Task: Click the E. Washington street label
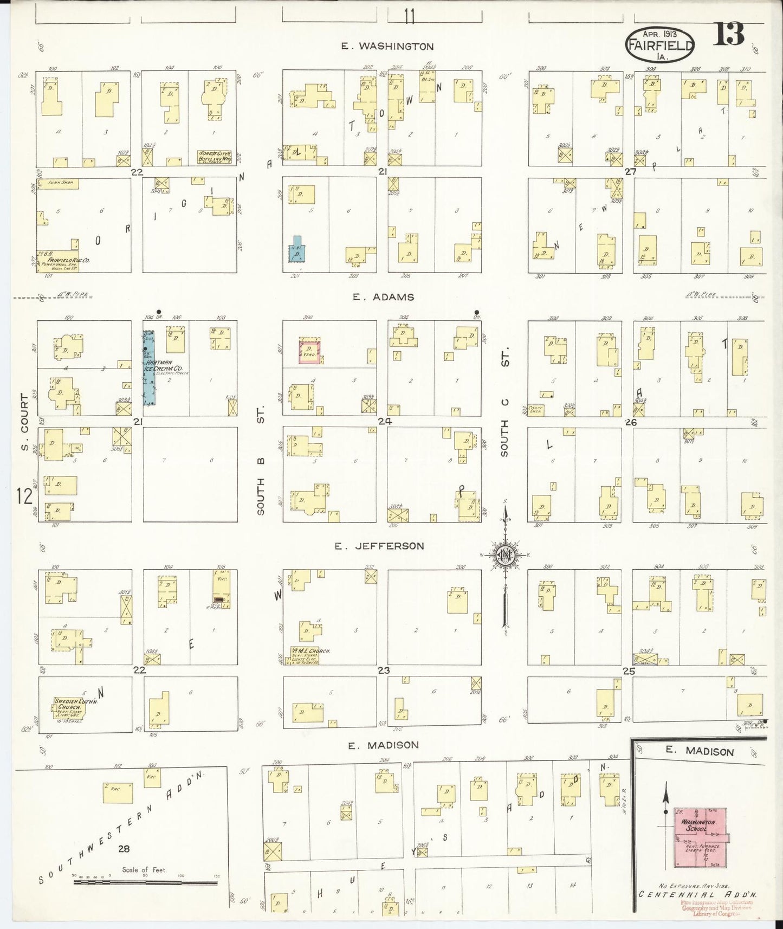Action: (x=387, y=47)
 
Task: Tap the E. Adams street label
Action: (x=383, y=297)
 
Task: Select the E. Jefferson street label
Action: (x=379, y=546)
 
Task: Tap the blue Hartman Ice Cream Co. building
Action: (x=148, y=369)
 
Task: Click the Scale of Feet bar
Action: (x=145, y=882)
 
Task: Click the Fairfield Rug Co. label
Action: (x=64, y=260)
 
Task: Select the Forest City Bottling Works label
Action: (x=214, y=157)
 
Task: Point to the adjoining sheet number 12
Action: (x=24, y=496)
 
